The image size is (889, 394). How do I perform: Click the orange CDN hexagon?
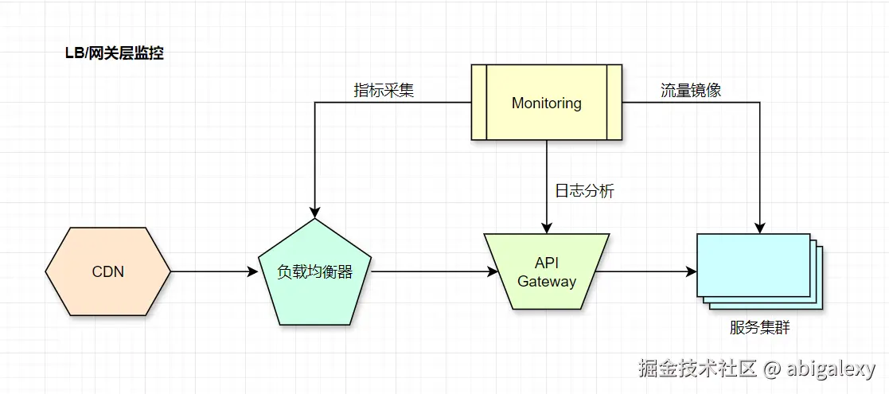107,271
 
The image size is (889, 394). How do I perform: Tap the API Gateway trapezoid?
546,272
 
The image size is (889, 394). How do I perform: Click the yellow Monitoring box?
546,103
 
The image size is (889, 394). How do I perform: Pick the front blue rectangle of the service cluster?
752,264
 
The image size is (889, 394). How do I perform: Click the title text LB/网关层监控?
114,53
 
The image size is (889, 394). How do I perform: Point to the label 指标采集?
384,90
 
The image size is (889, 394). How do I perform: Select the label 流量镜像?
690,90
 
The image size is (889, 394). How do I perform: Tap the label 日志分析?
584,191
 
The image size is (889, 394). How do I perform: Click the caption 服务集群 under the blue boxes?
759,327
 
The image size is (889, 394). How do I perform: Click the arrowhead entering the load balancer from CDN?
253,271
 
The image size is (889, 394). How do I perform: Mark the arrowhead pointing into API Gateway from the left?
493,271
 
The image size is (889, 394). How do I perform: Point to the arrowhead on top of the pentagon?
314,213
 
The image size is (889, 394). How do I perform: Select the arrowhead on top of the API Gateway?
547,228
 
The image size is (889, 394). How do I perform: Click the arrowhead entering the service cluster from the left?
691,271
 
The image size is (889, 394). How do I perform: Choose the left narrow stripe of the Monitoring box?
478,103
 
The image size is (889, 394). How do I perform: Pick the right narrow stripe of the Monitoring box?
614,103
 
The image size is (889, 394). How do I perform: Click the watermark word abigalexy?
831,369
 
